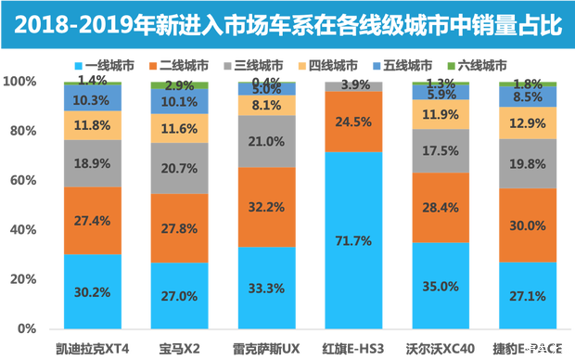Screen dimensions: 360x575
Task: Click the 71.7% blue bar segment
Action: tap(353, 239)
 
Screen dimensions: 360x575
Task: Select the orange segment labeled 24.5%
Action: tap(353, 121)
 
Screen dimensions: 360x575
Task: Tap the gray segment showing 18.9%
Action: tap(92, 164)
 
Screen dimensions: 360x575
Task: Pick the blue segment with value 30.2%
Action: tap(92, 290)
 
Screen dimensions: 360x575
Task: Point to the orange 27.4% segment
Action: tap(92, 221)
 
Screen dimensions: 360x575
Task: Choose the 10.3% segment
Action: tap(92, 99)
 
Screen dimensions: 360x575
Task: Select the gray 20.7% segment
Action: tap(179, 168)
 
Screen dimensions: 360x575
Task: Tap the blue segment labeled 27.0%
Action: tap(179, 295)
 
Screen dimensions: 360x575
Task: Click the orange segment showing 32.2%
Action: tap(266, 208)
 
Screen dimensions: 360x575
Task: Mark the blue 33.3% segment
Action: tap(266, 288)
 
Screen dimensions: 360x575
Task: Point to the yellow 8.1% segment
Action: tap(266, 106)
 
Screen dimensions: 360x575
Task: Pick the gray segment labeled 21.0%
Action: tap(266, 142)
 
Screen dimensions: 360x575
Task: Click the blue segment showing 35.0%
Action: tap(441, 285)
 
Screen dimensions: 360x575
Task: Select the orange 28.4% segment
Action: tap(441, 207)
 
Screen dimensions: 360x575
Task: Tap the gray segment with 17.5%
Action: tap(441, 150)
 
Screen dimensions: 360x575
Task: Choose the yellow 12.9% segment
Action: tap(528, 122)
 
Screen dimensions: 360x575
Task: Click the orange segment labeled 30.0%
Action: tap(528, 225)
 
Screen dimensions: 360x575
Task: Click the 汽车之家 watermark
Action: tap(546, 350)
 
